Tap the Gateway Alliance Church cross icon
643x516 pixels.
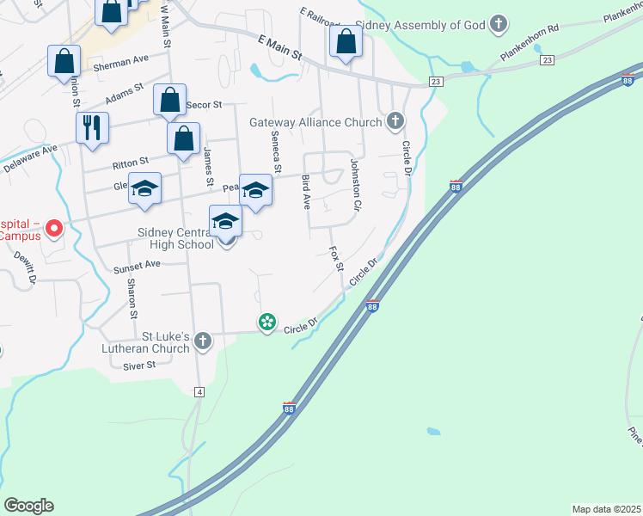pos(395,121)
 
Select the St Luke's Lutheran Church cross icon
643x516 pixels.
pos(203,341)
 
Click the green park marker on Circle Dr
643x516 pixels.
pos(267,322)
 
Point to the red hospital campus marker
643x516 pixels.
pos(54,228)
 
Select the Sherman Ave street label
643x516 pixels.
pos(123,61)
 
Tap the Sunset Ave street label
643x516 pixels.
pos(137,265)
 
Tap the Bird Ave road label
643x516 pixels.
pos(306,191)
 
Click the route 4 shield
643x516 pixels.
pos(199,392)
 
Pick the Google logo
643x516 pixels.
pos(28,505)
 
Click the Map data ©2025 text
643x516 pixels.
pos(606,509)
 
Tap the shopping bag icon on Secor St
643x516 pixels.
pos(170,100)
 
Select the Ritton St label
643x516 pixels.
pos(131,160)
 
